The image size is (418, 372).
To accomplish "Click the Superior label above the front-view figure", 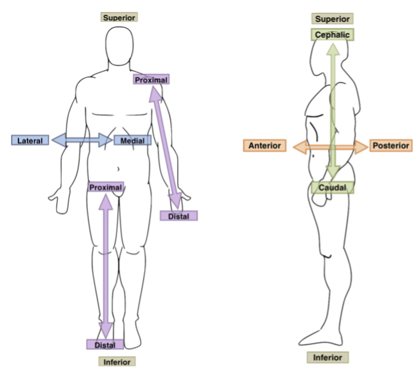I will point(119,17).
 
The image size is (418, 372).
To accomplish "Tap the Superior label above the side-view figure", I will point(332,19).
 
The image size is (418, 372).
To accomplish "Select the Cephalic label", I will point(332,35).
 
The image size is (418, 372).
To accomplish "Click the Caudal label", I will point(332,188).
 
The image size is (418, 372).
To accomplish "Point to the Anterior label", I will point(264,146).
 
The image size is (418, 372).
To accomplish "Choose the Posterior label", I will point(391,146).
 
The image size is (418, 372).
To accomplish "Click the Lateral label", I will point(29,140).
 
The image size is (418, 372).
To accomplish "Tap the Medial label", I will point(133,140).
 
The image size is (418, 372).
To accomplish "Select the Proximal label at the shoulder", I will point(151,79).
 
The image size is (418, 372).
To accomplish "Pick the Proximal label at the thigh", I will point(106,187).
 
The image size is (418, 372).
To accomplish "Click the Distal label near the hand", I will point(179,216).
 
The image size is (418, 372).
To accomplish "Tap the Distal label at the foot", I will point(105,344).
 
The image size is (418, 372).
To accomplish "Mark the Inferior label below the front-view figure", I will point(117,362).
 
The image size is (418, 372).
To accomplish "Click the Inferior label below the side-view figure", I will point(328,358).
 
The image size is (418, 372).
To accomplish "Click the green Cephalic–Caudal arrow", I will point(333,108).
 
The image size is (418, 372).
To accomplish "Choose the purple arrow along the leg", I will point(106,264).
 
